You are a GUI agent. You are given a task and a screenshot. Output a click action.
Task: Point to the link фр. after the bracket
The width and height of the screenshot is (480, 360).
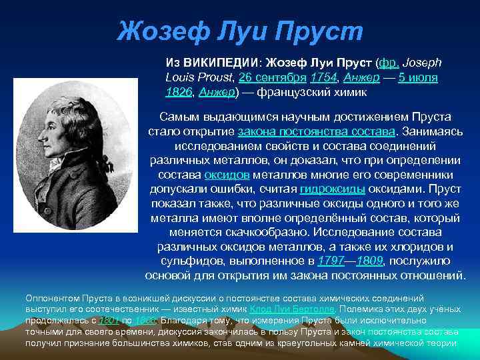387,63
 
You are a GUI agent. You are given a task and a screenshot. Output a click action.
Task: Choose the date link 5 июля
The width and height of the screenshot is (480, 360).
418,78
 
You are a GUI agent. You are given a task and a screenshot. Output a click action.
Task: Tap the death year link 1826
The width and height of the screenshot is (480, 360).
179,92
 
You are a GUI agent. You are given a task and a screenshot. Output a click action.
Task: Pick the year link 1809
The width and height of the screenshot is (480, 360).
373,261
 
